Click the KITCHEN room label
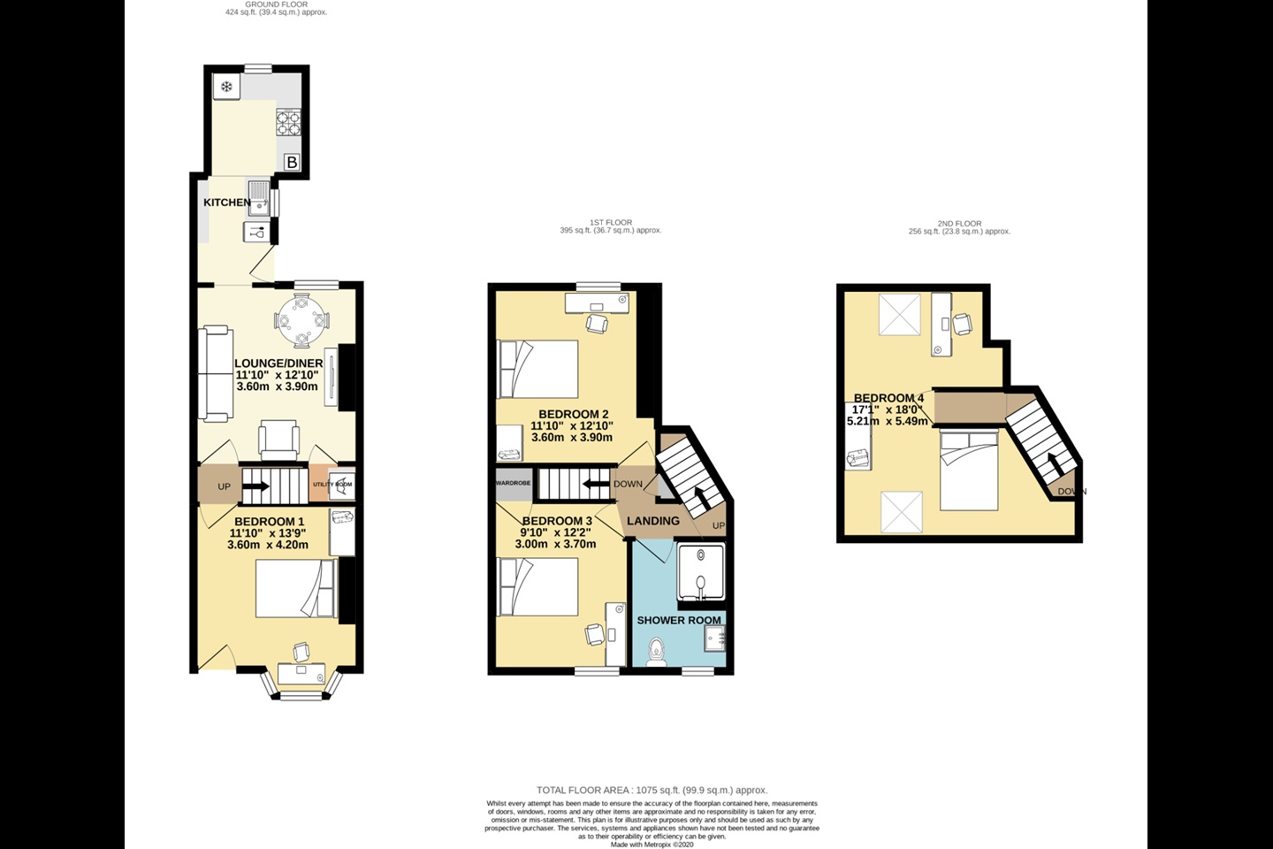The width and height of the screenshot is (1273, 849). (x=227, y=203)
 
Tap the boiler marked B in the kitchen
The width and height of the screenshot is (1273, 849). (x=292, y=162)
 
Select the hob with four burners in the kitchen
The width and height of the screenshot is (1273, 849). (x=288, y=121)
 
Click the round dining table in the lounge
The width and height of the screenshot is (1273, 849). (x=301, y=321)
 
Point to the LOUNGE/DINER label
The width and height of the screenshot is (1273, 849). (x=278, y=363)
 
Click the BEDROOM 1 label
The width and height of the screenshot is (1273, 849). (x=270, y=522)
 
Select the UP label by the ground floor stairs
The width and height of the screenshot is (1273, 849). (x=224, y=486)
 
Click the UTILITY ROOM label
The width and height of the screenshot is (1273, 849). (x=332, y=485)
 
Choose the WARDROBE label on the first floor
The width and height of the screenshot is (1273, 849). (x=513, y=483)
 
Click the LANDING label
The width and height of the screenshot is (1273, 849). (x=653, y=521)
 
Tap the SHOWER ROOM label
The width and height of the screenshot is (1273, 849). (x=679, y=620)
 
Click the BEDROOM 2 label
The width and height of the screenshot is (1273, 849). (x=574, y=414)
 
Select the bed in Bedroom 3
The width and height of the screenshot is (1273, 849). (x=538, y=587)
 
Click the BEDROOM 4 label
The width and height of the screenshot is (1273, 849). (x=888, y=398)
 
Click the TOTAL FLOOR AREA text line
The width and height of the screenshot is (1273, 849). (x=652, y=791)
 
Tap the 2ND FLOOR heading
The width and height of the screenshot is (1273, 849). (x=959, y=224)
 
